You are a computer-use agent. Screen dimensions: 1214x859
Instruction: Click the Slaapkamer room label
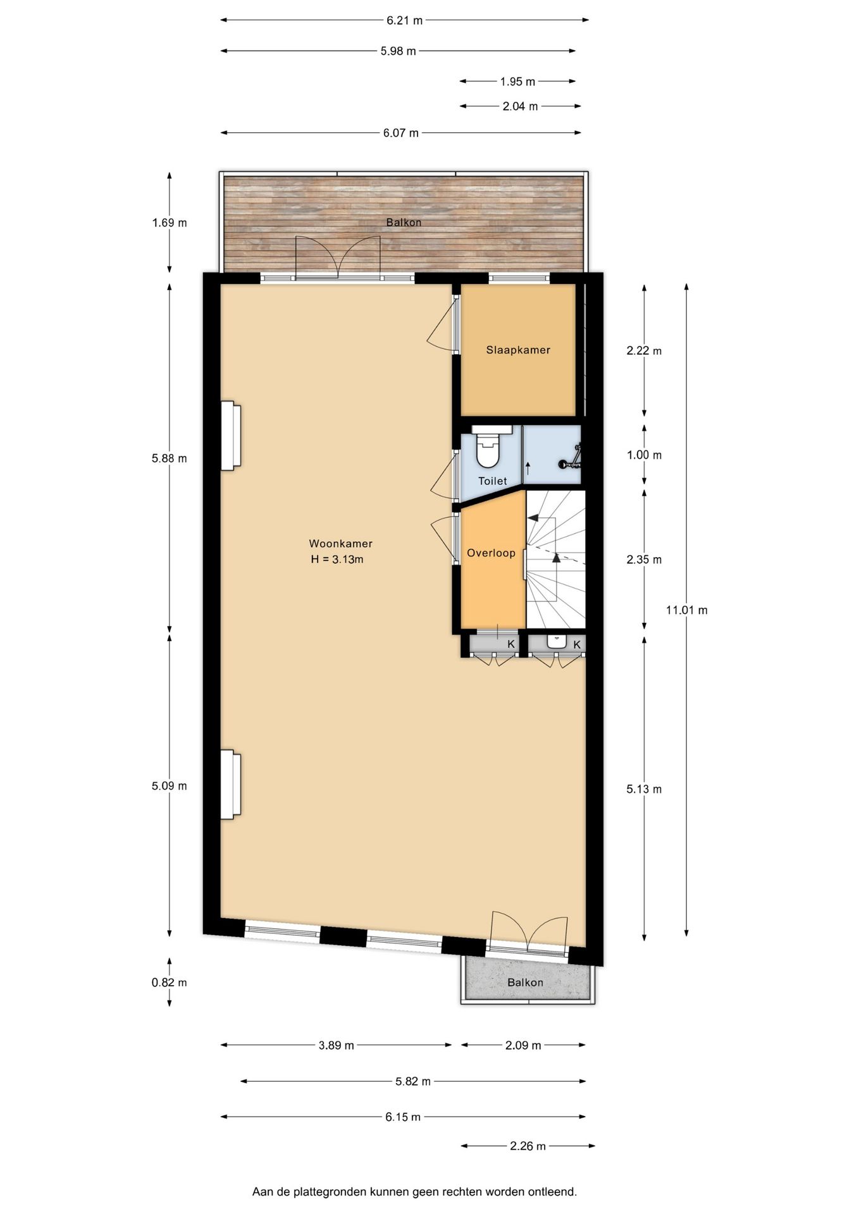[x=517, y=350]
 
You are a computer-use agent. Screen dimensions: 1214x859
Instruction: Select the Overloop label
[x=491, y=553]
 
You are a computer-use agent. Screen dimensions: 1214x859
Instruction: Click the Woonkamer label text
[x=340, y=544]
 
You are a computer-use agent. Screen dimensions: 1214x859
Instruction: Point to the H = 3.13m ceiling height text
[x=337, y=560]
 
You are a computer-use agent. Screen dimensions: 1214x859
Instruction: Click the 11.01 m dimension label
[x=686, y=610]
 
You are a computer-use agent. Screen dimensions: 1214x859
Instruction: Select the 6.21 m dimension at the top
[x=404, y=20]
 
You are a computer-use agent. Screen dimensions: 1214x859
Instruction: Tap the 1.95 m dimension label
[x=517, y=82]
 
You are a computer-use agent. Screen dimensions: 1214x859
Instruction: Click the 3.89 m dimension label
[x=336, y=1045]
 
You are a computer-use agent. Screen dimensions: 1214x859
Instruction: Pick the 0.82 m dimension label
[x=169, y=983]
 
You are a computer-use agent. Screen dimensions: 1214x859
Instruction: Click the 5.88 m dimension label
[x=169, y=458]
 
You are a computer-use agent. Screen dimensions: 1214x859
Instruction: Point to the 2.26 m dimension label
[x=528, y=1146]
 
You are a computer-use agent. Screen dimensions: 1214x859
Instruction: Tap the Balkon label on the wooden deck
[x=404, y=223]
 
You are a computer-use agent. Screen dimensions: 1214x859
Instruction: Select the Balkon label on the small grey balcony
[x=525, y=983]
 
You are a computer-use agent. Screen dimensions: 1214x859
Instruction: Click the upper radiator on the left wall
[x=230, y=436]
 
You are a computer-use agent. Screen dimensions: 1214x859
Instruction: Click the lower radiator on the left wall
[x=230, y=784]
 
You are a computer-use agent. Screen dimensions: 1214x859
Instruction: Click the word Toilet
[x=492, y=481]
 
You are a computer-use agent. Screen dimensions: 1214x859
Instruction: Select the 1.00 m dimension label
[x=644, y=455]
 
